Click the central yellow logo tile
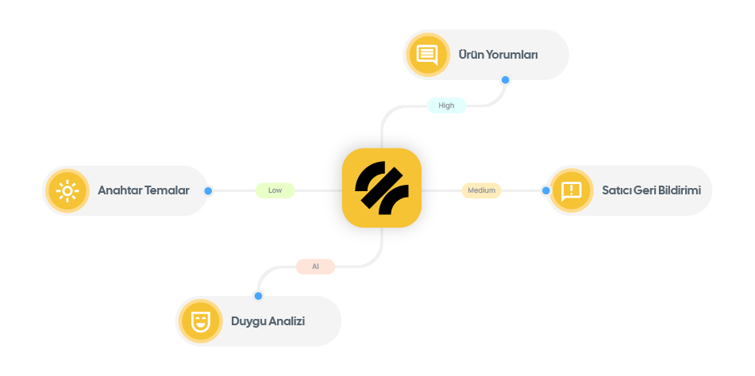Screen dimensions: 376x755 click(381, 188)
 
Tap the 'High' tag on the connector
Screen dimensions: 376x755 click(446, 105)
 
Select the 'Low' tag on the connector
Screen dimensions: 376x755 click(275, 190)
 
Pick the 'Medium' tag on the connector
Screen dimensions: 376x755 click(481, 190)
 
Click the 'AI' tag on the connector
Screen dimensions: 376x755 click(315, 267)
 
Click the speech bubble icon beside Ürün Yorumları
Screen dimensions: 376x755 click(427, 55)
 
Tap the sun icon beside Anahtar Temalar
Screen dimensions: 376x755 click(67, 190)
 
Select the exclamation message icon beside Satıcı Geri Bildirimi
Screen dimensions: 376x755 click(571, 190)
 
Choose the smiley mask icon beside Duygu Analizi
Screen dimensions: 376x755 click(199, 321)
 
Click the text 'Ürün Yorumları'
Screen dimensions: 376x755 click(498, 55)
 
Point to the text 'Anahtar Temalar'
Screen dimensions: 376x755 click(143, 190)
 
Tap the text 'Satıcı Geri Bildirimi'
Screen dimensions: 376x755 click(651, 190)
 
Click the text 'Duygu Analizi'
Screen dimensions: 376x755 click(268, 321)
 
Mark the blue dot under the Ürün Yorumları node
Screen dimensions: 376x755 click(505, 80)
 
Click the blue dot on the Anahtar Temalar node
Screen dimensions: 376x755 click(209, 191)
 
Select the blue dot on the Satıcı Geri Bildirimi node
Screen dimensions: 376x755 click(545, 191)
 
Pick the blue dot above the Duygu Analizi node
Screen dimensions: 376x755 click(258, 295)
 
